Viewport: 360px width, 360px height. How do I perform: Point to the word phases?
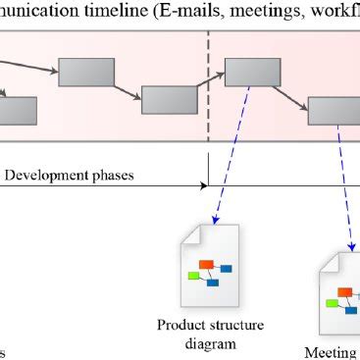tap(115, 176)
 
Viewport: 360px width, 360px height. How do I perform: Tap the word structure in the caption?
tap(231, 325)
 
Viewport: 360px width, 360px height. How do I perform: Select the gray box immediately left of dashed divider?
tap(170, 100)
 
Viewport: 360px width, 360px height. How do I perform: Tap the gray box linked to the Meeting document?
tap(334, 110)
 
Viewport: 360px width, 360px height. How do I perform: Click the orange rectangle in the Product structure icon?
tap(206, 264)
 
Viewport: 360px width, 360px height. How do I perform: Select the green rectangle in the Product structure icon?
tap(193, 276)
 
